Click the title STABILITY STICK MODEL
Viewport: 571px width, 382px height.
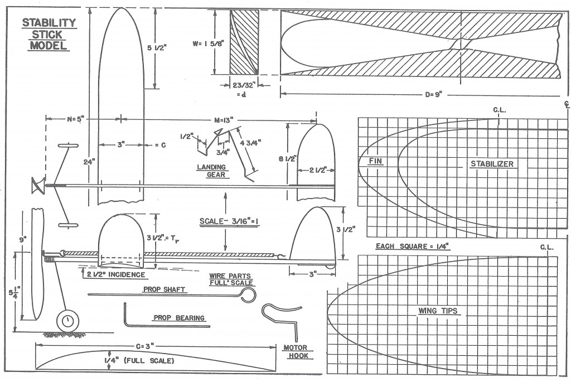click(x=49, y=34)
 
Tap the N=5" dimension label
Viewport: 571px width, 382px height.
click(x=75, y=119)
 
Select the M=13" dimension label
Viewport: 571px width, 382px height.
click(x=228, y=120)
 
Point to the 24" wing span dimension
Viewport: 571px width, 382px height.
click(x=89, y=161)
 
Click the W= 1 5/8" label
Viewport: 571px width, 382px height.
click(x=209, y=43)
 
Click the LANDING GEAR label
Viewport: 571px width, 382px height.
click(x=211, y=171)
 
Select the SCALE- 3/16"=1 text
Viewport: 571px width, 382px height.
click(x=229, y=221)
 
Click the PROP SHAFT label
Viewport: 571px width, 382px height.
click(x=164, y=289)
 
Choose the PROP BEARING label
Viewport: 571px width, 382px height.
click(x=179, y=318)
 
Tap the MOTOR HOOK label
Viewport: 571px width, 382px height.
click(x=296, y=352)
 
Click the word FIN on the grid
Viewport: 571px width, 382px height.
click(x=375, y=161)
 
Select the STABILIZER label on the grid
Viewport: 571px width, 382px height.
click(x=492, y=164)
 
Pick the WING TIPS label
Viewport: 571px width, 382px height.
click(x=438, y=311)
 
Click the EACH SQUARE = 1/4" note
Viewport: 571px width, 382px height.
click(x=413, y=246)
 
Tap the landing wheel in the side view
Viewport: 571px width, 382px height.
click(x=67, y=321)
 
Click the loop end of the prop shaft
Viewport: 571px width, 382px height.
click(x=248, y=294)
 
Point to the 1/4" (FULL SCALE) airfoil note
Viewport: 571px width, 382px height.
click(x=139, y=360)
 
